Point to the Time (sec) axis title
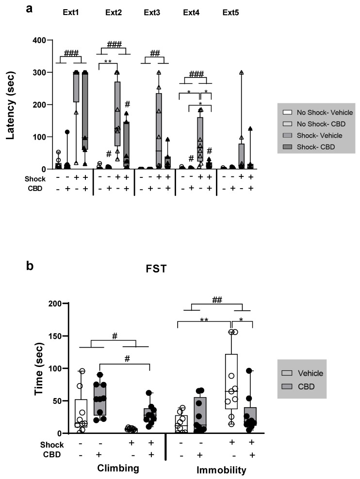click(x=39, y=367)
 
